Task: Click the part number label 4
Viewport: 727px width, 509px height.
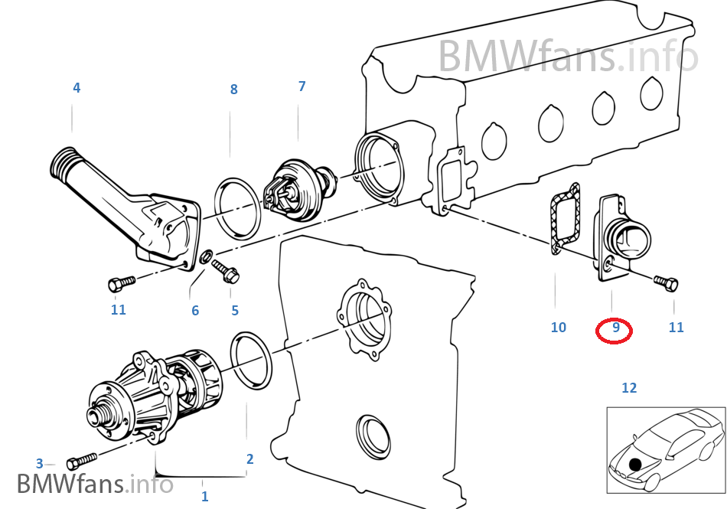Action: pyautogui.click(x=77, y=88)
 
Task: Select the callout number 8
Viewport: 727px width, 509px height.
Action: pyautogui.click(x=234, y=90)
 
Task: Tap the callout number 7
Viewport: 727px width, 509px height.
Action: pyautogui.click(x=302, y=86)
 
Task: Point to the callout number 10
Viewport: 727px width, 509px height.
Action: pyautogui.click(x=559, y=328)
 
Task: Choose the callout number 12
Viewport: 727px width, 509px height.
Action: pyautogui.click(x=628, y=388)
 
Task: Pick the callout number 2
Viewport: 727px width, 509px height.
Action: pyautogui.click(x=249, y=459)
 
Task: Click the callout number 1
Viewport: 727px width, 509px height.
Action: pyautogui.click(x=204, y=496)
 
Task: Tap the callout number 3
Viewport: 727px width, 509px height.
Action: pyautogui.click(x=40, y=463)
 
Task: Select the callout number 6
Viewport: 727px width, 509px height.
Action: pyautogui.click(x=195, y=310)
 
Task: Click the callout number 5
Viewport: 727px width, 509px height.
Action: pyautogui.click(x=235, y=310)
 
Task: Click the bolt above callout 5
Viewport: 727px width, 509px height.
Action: pyautogui.click(x=226, y=269)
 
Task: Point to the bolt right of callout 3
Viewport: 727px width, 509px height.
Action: pyautogui.click(x=81, y=462)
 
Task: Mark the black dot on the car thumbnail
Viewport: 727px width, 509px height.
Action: pyautogui.click(x=634, y=463)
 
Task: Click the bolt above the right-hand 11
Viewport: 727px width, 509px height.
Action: pyautogui.click(x=666, y=283)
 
